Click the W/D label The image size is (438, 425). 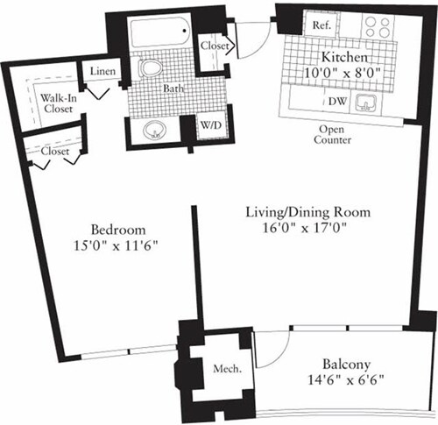coord(211,124)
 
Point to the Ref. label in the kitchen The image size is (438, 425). coord(321,26)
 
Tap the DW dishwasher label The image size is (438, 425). coord(336,103)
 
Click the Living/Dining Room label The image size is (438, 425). coord(308,212)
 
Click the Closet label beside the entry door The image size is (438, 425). coord(215,46)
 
